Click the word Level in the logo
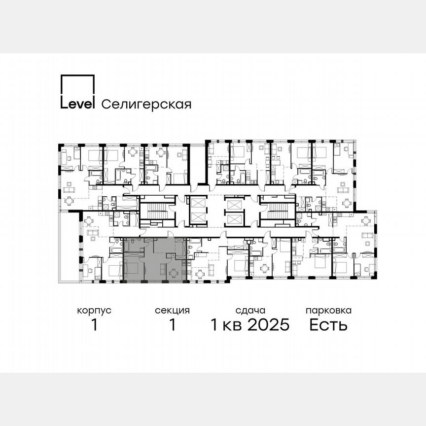77,104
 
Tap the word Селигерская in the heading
146,104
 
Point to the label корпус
94,311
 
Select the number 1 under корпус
94,325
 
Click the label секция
172,311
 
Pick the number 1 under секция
172,325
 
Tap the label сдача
250,311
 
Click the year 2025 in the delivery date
267,325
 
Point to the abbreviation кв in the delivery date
231,325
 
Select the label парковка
328,311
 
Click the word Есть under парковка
328,325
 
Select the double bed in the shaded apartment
133,266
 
